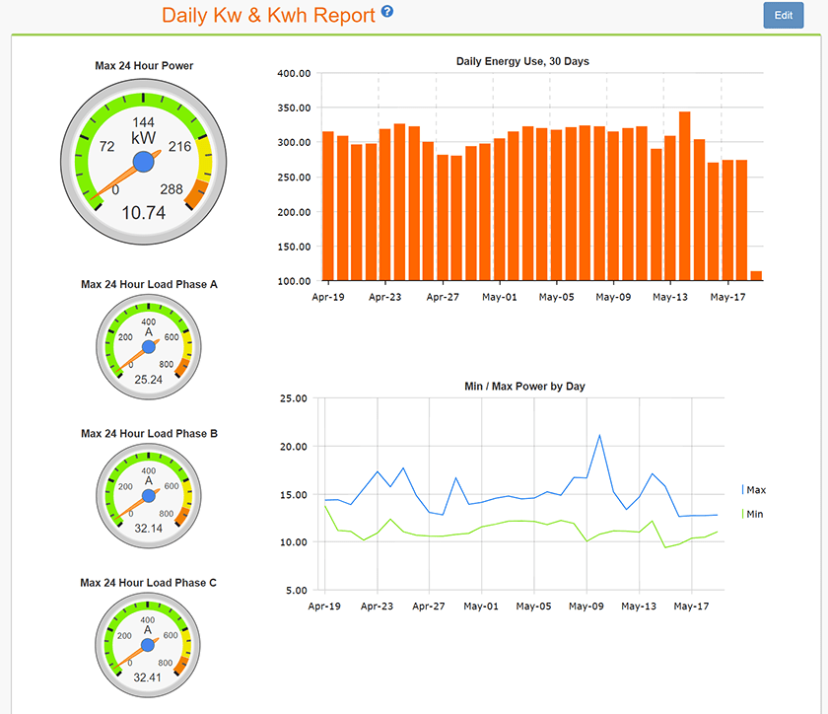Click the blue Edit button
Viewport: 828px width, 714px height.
[x=784, y=16]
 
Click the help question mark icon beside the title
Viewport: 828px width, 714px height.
[x=387, y=12]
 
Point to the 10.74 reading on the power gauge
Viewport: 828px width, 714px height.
[x=144, y=212]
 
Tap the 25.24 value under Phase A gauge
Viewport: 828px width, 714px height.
[x=148, y=379]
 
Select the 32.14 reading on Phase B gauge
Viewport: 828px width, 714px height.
[x=148, y=528]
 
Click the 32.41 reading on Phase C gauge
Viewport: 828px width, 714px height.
[x=148, y=678]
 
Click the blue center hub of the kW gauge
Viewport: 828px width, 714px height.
[x=144, y=161]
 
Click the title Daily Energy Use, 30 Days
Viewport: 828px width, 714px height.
[x=522, y=61]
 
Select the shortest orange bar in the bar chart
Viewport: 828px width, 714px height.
[x=756, y=276]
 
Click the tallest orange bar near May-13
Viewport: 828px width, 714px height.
[x=684, y=196]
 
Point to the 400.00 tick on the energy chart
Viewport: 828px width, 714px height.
[x=294, y=74]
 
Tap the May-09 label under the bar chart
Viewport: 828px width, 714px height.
[x=613, y=296]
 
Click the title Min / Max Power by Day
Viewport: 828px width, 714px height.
[x=524, y=386]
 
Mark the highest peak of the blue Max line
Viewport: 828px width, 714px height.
[x=599, y=435]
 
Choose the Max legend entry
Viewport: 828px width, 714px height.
[x=755, y=490]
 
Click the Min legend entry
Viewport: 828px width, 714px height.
[x=754, y=514]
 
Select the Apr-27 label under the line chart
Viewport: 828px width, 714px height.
[x=429, y=607]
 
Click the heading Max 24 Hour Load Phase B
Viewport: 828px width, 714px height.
[x=149, y=433]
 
